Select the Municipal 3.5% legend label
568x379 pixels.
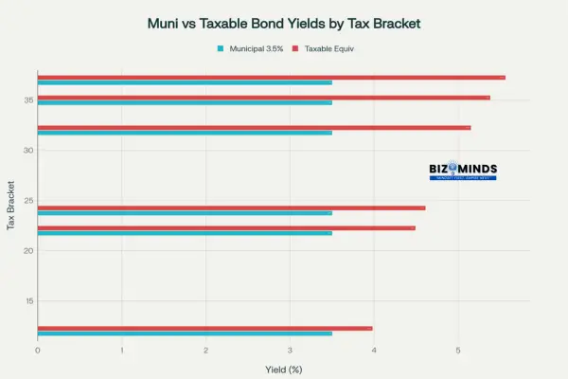257,47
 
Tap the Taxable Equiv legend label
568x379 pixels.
329,47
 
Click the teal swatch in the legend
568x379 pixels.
221,47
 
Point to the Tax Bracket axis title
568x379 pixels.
10,206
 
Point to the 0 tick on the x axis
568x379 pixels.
38,350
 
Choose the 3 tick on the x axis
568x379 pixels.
290,350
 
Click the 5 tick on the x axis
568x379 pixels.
458,350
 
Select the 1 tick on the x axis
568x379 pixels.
122,350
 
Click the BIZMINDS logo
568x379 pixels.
463,171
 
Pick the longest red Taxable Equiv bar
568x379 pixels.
271,78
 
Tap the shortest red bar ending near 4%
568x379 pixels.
204,328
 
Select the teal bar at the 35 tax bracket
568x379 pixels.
185,102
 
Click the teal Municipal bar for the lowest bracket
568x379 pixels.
185,334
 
